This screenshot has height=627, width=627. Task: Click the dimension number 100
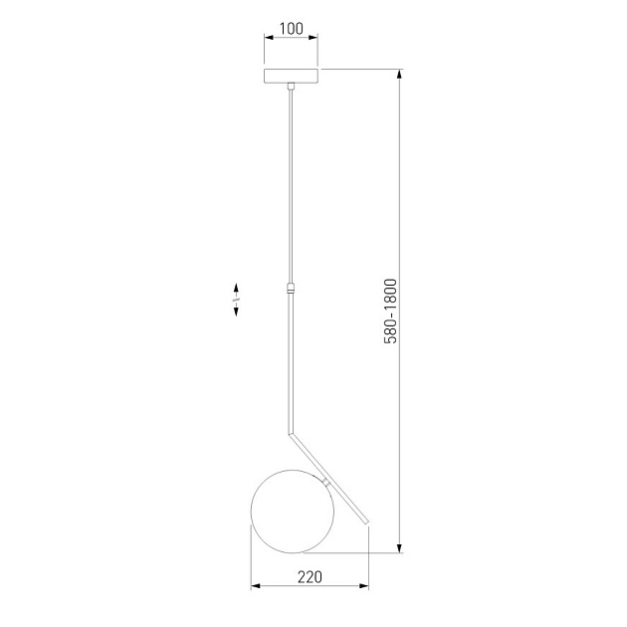pyautogui.click(x=291, y=28)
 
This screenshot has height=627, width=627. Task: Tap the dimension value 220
pyautogui.click(x=311, y=576)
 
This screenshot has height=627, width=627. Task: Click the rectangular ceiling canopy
pyautogui.click(x=291, y=76)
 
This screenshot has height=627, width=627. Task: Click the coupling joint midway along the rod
pyautogui.click(x=291, y=290)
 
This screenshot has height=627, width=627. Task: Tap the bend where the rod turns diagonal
pyautogui.click(x=292, y=434)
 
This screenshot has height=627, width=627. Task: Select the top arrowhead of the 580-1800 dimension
pyautogui.click(x=400, y=75)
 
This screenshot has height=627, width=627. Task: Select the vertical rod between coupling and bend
pyautogui.click(x=291, y=363)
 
